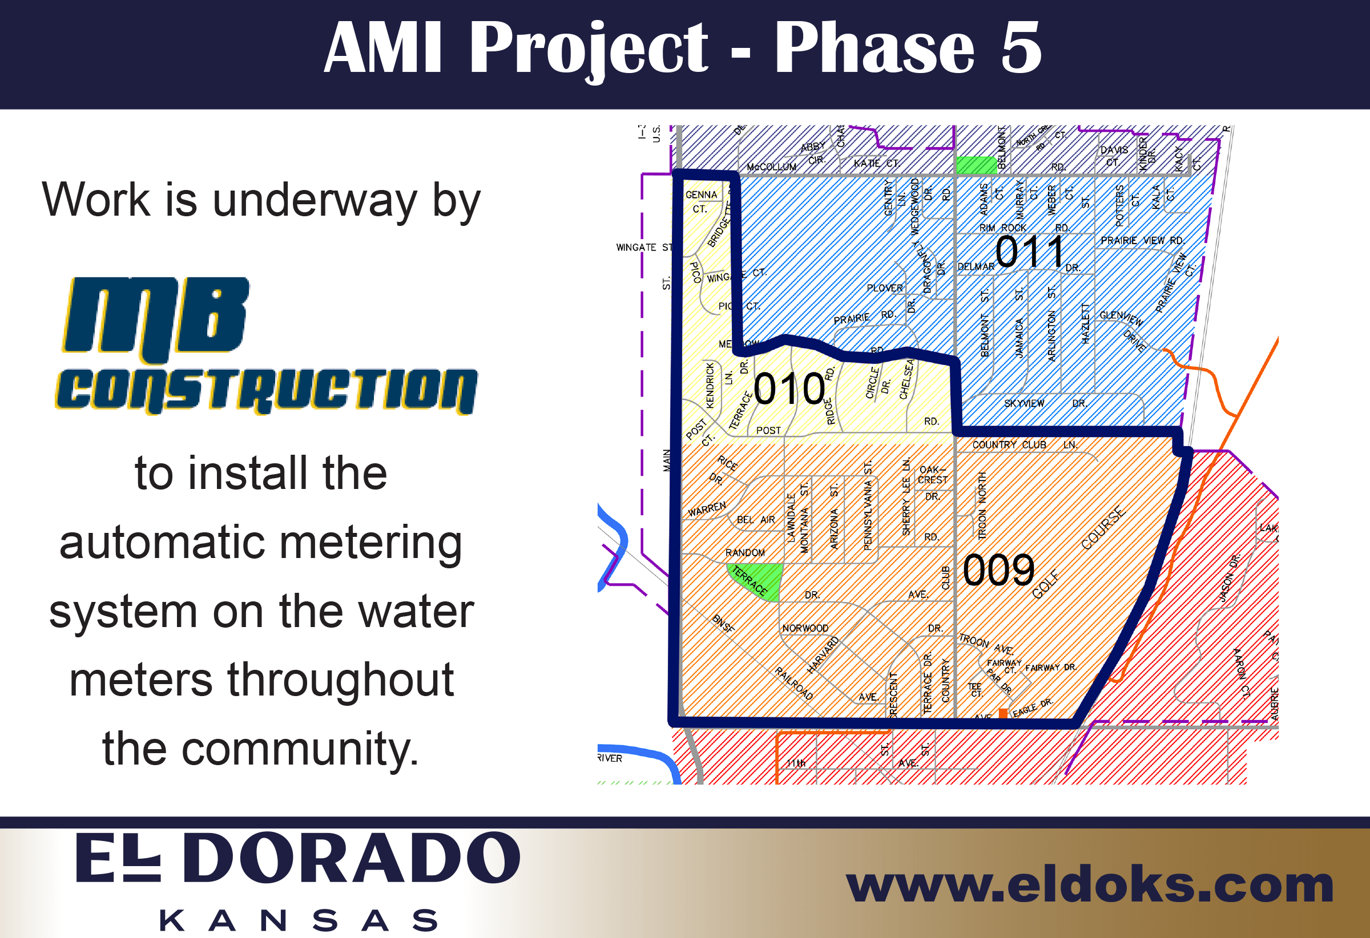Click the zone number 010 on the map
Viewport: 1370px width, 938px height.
click(x=789, y=389)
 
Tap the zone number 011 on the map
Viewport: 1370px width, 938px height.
click(x=1029, y=252)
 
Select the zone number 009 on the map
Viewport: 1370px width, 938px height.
click(x=998, y=571)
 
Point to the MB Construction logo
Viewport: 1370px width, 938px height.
click(x=267, y=346)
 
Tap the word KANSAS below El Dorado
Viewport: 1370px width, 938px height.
click(x=299, y=920)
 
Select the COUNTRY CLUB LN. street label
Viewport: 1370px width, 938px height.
click(x=1025, y=445)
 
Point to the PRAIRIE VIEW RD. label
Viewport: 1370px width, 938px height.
click(x=1142, y=240)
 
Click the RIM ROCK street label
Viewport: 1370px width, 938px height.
click(x=1002, y=228)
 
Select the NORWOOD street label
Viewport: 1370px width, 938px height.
click(x=805, y=628)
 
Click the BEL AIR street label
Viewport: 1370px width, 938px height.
click(x=755, y=520)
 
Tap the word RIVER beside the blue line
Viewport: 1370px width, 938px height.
click(x=610, y=758)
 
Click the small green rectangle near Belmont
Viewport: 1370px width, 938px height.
click(x=976, y=165)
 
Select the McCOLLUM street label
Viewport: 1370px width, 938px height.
click(x=771, y=167)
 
